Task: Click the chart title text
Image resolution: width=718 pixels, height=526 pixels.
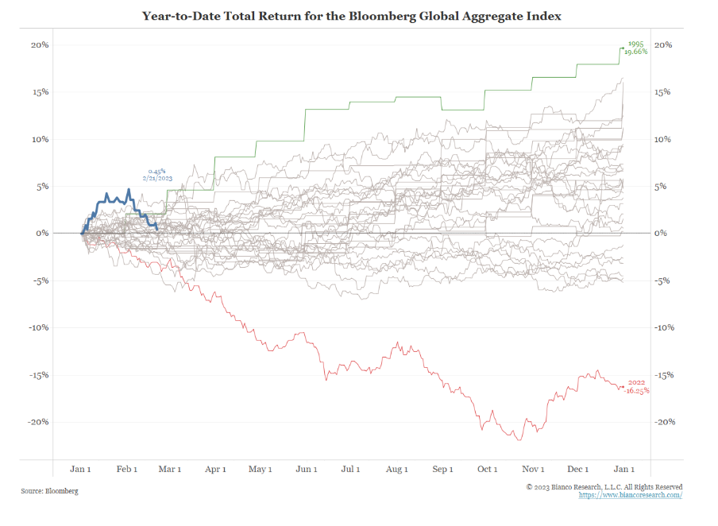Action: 352,16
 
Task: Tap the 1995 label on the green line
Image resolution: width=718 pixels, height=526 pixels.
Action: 635,45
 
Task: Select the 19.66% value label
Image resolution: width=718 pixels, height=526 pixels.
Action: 635,52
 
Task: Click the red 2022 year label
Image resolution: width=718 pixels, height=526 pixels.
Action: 636,384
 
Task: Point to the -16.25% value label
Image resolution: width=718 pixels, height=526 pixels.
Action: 636,391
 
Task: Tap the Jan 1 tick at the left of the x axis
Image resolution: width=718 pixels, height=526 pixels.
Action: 81,470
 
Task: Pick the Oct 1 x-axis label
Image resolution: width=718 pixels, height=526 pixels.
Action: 488,470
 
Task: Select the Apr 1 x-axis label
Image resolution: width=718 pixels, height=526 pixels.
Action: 216,470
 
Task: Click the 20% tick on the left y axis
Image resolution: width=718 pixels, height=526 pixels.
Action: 40,45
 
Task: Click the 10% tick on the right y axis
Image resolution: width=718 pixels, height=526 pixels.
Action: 662,140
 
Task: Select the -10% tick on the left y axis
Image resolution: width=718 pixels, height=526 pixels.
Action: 38,327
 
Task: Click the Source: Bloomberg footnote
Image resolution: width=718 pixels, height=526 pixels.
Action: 49,491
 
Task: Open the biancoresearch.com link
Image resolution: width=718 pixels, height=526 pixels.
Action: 631,495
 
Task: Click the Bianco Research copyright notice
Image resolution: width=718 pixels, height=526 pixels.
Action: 604,486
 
